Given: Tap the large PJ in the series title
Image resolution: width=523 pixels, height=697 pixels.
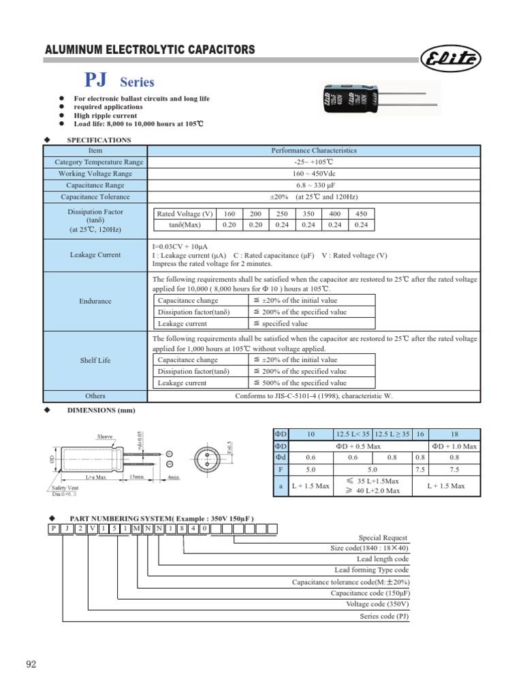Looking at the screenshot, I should coord(95,81).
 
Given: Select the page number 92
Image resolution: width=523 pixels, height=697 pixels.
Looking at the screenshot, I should coord(31,664).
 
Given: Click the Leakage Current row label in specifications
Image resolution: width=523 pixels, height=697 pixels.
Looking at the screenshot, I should coord(95,255).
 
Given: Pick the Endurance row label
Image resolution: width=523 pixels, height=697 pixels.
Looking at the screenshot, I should coord(95,301).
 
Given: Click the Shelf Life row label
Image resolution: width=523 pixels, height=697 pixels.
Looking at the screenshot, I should coord(95,360).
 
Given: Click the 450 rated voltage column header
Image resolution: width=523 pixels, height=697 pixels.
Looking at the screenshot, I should coord(361,214).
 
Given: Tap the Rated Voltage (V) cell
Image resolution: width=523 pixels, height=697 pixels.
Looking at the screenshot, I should coord(185,214).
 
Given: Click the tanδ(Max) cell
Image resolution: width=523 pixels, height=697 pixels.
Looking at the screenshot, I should coord(185,225).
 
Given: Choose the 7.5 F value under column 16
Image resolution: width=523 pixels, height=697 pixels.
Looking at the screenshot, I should coord(419,469).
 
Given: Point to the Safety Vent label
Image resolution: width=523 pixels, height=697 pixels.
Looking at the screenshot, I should coord(64,488).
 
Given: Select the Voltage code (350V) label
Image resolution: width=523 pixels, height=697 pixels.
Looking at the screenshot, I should coord(377,604).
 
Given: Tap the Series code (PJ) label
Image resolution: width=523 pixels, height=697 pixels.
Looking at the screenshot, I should coord(384,617).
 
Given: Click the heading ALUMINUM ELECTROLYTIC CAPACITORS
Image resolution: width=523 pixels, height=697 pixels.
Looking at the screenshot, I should coord(150,50).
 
